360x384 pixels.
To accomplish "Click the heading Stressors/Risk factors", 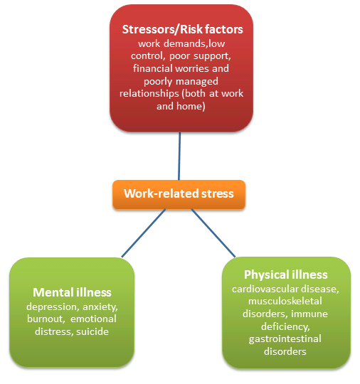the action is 183,29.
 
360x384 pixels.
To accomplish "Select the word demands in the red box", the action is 185,43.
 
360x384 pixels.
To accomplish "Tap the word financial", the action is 153,68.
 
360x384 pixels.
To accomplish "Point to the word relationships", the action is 149,93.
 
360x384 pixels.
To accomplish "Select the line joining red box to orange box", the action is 179,156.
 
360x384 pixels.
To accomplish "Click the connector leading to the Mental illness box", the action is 144,233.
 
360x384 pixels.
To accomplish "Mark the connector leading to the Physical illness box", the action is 213,233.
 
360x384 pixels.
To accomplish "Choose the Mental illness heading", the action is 72,292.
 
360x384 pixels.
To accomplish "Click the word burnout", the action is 46,319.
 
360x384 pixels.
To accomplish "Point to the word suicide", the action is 92,331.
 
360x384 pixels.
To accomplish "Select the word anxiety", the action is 100,307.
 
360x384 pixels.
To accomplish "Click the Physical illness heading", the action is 286,274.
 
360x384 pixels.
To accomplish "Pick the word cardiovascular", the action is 265,289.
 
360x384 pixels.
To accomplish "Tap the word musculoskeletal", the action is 285,302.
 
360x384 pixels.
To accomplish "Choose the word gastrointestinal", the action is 285,339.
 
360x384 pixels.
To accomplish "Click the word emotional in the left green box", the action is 93,319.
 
